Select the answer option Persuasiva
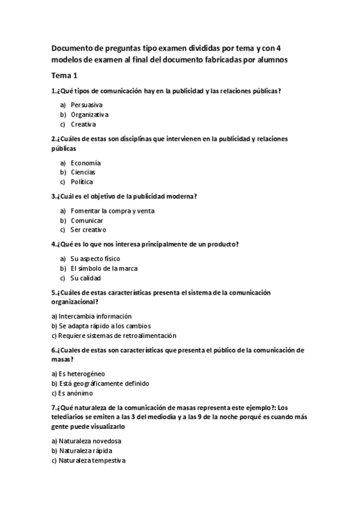click(x=86, y=104)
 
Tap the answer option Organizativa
click(x=89, y=114)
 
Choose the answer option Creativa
click(x=83, y=124)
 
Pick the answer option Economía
click(x=85, y=162)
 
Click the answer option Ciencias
click(x=83, y=172)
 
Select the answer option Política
click(x=82, y=182)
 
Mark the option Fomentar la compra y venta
click(x=112, y=210)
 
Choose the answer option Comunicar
click(x=87, y=220)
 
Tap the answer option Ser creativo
click(x=88, y=230)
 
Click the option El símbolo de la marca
click(x=104, y=268)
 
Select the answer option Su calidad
click(x=85, y=278)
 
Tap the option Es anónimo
click(x=72, y=393)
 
